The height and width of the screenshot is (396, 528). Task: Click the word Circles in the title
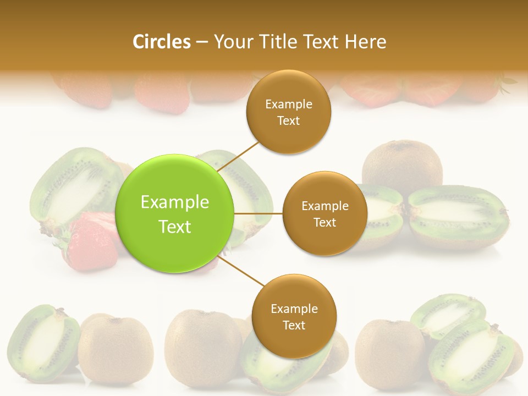point(161,42)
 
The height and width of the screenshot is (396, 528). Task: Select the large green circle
point(175,213)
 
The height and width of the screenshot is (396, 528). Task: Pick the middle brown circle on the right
point(324,213)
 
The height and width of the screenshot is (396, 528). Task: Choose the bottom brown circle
point(294,316)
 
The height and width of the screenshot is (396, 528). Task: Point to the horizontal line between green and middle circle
point(258,213)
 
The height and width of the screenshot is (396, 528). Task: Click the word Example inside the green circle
point(175,202)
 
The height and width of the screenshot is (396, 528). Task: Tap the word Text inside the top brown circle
point(289,121)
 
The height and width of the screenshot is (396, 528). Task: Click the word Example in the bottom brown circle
point(294,309)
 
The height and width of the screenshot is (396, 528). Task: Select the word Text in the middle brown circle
point(324,223)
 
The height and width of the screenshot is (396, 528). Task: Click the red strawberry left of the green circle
point(91,242)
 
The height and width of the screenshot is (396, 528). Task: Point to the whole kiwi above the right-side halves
point(403,164)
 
